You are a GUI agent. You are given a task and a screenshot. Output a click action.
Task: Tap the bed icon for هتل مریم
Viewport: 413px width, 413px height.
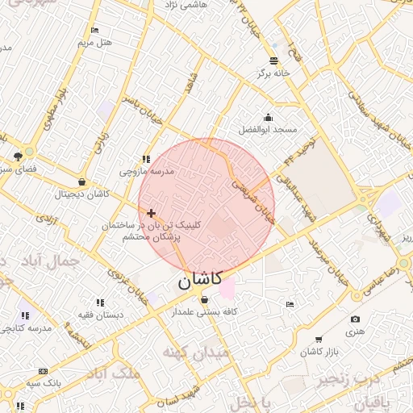[x=95, y=30]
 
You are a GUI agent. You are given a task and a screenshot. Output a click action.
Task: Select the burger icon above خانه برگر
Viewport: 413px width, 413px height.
[x=275, y=60]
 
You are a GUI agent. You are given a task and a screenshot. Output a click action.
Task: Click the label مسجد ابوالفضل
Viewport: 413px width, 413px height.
[x=269, y=129]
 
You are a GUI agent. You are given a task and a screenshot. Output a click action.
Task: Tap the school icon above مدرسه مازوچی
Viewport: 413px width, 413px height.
[x=146, y=160]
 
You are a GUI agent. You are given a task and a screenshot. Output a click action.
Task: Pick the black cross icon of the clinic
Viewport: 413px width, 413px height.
[x=152, y=213]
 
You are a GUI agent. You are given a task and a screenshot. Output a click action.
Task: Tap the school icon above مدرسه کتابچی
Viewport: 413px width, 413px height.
[x=25, y=315]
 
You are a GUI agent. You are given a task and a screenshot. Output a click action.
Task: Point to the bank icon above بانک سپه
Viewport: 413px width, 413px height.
[x=42, y=371]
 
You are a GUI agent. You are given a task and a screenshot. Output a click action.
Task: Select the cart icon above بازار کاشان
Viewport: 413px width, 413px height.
[x=319, y=340]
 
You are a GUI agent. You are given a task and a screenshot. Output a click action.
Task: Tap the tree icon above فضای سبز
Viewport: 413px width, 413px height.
[x=18, y=156]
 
